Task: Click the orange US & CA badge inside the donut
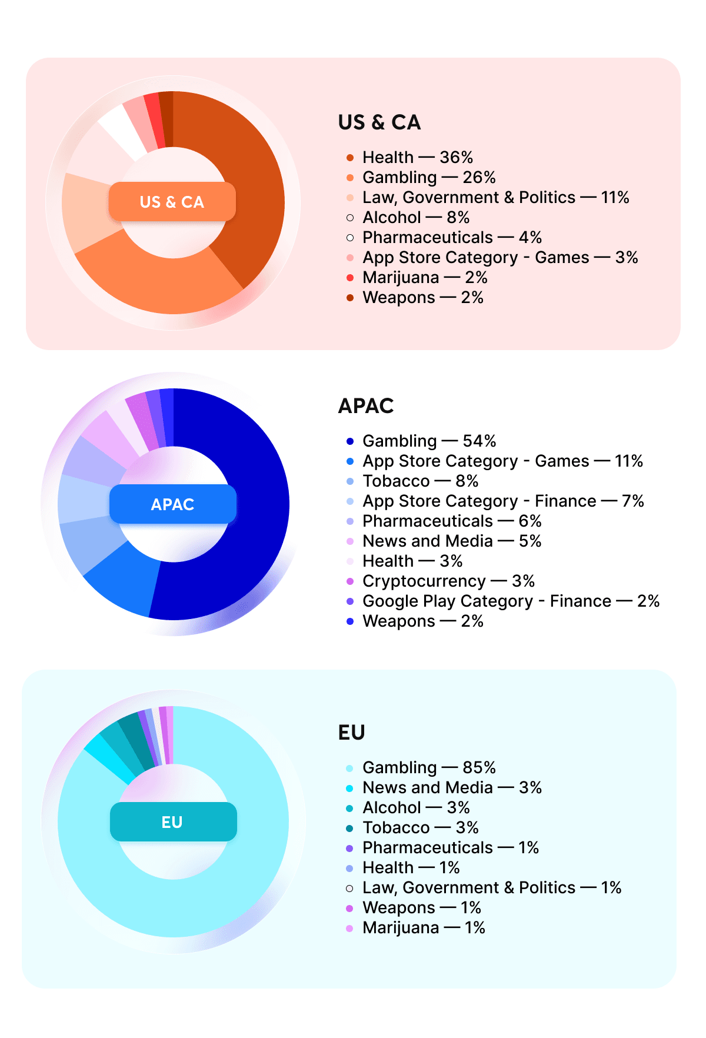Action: pyautogui.click(x=172, y=202)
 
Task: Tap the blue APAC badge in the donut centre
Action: pyautogui.click(x=173, y=504)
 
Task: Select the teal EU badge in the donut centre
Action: pyautogui.click(x=173, y=821)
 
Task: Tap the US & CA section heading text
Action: pyautogui.click(x=379, y=122)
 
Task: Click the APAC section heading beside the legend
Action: pyautogui.click(x=366, y=406)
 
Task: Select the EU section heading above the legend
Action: pyautogui.click(x=352, y=733)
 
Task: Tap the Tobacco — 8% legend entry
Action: pyautogui.click(x=420, y=481)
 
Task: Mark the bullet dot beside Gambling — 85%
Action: pyautogui.click(x=349, y=768)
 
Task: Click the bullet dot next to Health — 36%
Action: pyautogui.click(x=350, y=158)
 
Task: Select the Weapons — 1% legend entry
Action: pyautogui.click(x=421, y=908)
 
